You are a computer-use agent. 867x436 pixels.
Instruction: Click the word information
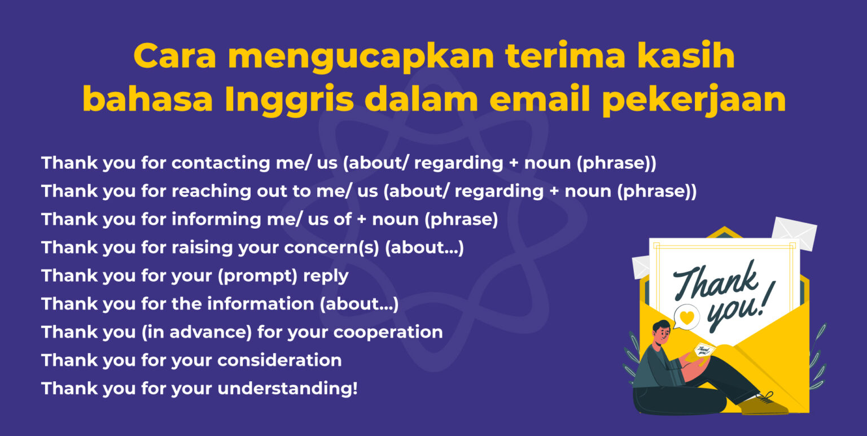[x=252, y=304]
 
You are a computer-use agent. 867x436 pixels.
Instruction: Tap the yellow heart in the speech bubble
[x=686, y=317]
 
